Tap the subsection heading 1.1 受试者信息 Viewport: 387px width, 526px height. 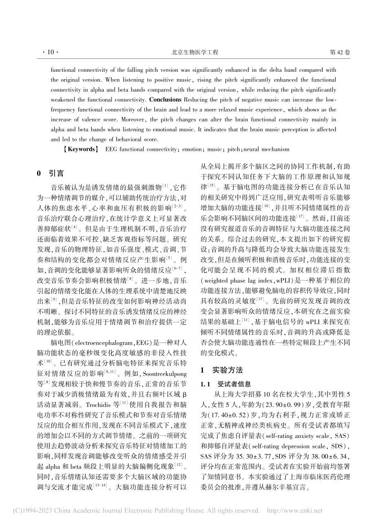[x=225, y=384]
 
